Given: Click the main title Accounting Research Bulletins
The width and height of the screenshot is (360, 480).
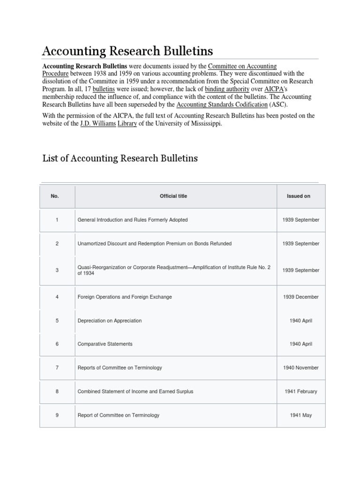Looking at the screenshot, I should (127, 50).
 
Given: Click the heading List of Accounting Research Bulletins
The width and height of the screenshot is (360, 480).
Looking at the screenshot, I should (120, 158).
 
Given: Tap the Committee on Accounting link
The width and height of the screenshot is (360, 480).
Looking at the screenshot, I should (242, 67).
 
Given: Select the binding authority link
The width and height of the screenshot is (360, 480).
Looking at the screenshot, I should (227, 89).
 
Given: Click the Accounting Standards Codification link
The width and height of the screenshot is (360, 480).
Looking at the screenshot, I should (222, 104).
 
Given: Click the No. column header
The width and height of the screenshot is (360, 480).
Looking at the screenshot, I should (55, 196).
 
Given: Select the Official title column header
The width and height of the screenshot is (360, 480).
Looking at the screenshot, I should (173, 196).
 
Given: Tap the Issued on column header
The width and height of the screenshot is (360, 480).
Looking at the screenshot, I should (298, 196).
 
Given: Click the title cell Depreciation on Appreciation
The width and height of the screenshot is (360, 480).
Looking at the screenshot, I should (110, 321).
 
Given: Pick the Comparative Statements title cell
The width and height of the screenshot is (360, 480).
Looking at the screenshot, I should (105, 344).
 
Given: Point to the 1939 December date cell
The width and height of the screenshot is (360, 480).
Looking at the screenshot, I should (300, 297).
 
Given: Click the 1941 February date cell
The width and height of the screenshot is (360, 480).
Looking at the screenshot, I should (300, 391).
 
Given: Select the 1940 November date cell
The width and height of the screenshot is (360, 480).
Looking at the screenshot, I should (300, 367).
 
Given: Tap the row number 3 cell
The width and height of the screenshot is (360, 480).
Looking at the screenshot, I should (57, 270).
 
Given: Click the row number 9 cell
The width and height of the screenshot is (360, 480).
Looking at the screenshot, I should (57, 415).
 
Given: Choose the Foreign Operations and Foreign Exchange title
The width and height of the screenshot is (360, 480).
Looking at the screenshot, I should (125, 297).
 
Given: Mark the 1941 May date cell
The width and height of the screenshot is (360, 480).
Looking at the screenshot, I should (300, 415).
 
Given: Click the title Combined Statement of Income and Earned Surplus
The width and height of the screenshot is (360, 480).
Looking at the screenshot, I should (135, 391).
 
